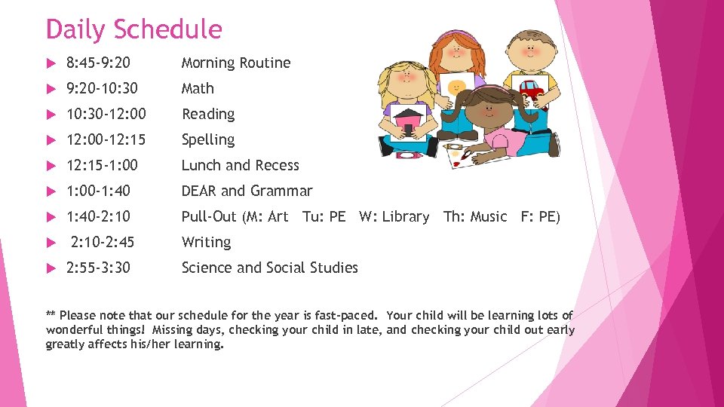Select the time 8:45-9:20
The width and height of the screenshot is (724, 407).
coord(98,63)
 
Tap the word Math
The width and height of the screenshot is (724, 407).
coord(198,88)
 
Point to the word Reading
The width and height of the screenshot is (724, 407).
coord(208,114)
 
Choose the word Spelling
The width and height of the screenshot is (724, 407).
coord(208,139)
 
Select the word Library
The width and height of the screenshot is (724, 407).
coord(405,216)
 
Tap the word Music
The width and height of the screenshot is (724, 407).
coord(489,216)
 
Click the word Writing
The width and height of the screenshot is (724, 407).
coord(206,242)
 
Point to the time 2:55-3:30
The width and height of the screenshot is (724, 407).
coord(98,268)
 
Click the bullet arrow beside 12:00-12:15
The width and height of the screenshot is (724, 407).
coord(51,140)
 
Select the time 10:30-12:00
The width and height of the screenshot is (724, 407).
coord(106,114)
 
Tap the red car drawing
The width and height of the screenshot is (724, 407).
coord(532,90)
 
